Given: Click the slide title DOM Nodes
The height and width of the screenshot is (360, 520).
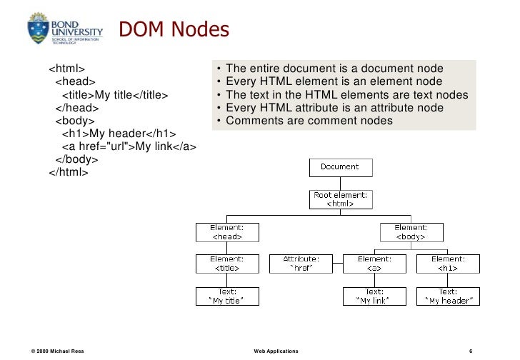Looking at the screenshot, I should (x=173, y=30).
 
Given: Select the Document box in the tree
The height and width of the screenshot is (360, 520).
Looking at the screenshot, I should (x=339, y=167).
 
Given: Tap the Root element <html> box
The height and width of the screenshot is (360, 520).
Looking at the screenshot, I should (x=339, y=199).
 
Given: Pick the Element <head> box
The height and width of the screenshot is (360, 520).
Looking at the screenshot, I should (x=227, y=231).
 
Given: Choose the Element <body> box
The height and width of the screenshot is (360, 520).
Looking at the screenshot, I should (x=411, y=231).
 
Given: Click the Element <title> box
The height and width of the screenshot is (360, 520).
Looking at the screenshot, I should (x=227, y=264).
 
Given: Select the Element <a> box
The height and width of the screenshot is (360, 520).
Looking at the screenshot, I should (x=374, y=264).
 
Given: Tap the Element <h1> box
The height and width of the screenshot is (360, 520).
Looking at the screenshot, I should (x=447, y=264).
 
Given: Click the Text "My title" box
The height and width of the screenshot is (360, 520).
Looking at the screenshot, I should (x=227, y=296).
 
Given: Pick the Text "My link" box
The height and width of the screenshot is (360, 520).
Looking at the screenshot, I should (x=374, y=296).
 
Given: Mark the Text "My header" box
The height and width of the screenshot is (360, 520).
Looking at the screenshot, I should (x=447, y=296).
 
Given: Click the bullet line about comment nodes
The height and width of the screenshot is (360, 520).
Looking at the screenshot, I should (x=309, y=121).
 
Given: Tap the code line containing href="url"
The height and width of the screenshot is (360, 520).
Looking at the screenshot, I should (x=129, y=146).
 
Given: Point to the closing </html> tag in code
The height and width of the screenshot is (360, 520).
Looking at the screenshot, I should (x=69, y=172).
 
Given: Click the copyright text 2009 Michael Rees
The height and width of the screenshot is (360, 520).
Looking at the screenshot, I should (x=57, y=351).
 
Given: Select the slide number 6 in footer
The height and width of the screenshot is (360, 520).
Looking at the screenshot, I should (x=471, y=351).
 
